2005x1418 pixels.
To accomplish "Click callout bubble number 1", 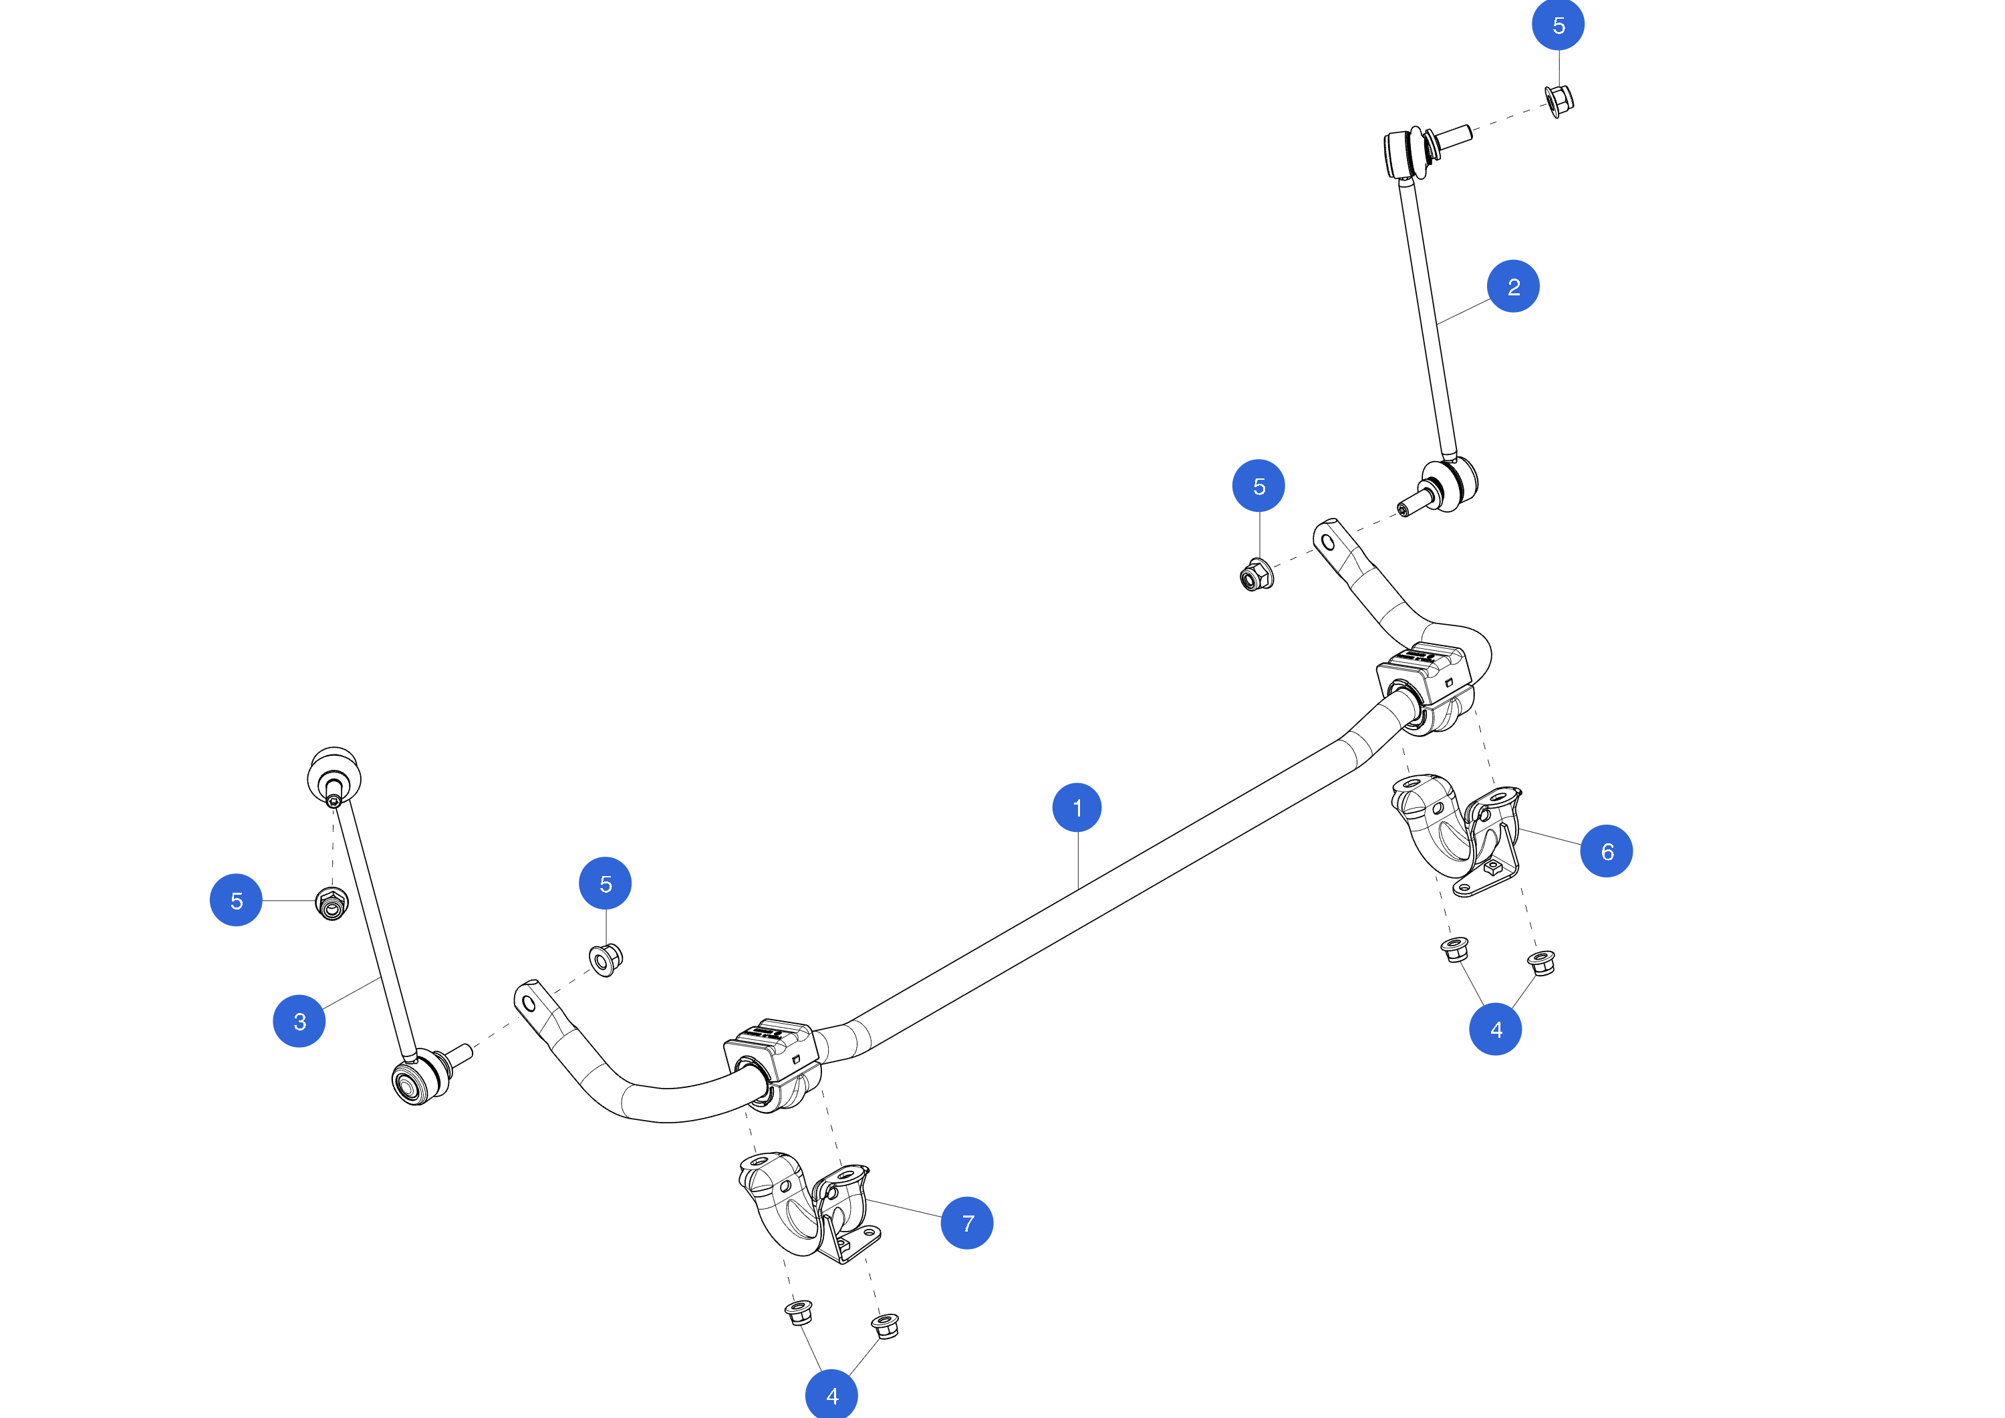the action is click(1077, 808).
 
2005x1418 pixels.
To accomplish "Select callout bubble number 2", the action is click(1513, 287).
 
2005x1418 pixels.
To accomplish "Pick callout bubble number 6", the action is click(1607, 851).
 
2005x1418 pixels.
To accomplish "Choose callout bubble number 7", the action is click(966, 1224).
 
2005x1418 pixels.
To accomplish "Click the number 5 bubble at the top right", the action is click(1559, 25).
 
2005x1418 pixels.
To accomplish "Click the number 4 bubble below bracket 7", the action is click(831, 1395).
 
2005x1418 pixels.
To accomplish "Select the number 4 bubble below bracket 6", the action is click(1496, 1030).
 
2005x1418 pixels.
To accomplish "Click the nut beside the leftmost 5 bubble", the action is click(331, 903).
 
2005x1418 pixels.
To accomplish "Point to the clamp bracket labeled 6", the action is click(1456, 834).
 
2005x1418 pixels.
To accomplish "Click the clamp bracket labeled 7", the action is click(808, 1207).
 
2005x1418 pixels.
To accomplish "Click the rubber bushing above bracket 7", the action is click(772, 1065).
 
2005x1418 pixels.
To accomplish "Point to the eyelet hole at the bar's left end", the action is click(529, 1003).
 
